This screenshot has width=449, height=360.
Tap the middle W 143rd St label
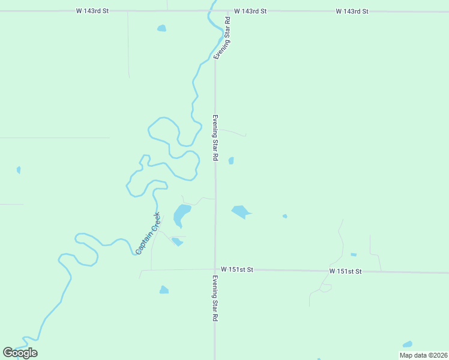pyautogui.click(x=250, y=11)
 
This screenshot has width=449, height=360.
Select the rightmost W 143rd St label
pyautogui.click(x=352, y=11)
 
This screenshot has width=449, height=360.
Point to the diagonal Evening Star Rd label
pyautogui.click(x=223, y=38)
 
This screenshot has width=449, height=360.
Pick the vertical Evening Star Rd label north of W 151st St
pyautogui.click(x=215, y=137)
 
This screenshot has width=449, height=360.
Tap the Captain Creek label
pyautogui.click(x=148, y=233)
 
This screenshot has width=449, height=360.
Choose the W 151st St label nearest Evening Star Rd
pyautogui.click(x=237, y=270)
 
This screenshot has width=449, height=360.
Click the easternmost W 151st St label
pyautogui.click(x=345, y=271)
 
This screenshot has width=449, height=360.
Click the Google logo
pyautogui.click(x=20, y=353)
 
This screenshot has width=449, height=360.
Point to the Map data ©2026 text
pyautogui.click(x=423, y=355)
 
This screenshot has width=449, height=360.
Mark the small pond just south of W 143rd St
pyautogui.click(x=161, y=28)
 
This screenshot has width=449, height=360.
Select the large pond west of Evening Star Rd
pyautogui.click(x=181, y=214)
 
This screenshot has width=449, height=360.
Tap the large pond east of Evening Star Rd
pyautogui.click(x=240, y=211)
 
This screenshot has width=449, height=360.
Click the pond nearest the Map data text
pyautogui.click(x=408, y=344)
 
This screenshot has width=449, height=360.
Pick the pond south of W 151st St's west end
pyautogui.click(x=164, y=290)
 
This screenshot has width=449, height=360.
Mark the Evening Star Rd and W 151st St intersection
pyautogui.click(x=215, y=270)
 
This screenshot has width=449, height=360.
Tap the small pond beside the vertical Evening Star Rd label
pyautogui.click(x=231, y=160)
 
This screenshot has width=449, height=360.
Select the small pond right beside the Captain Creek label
pyautogui.click(x=176, y=241)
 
